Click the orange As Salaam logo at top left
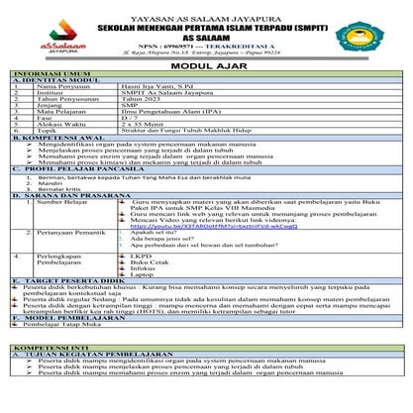[33, 28]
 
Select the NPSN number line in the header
[205, 45]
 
